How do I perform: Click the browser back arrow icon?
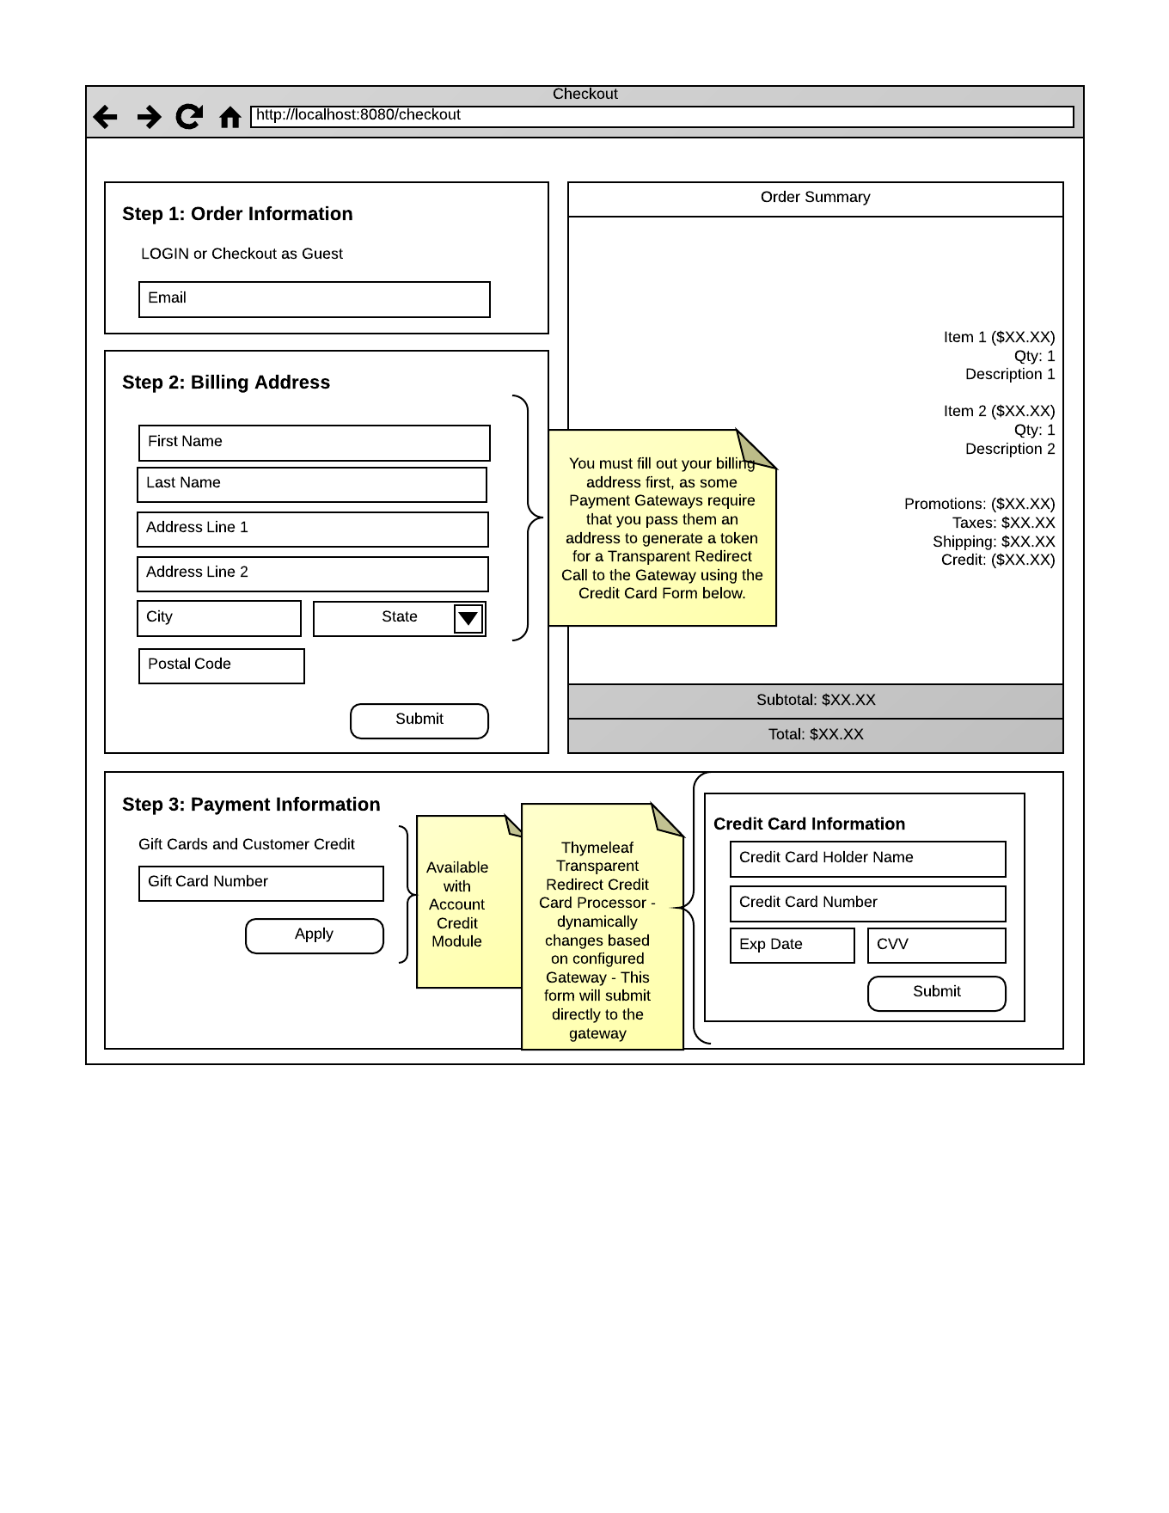(x=105, y=116)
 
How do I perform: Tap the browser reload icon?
(x=189, y=116)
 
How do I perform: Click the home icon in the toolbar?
(x=230, y=117)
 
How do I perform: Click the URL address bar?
(x=662, y=116)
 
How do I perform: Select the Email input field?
(x=315, y=299)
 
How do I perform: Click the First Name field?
(x=315, y=443)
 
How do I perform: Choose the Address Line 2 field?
(x=313, y=573)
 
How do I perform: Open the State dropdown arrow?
(x=468, y=618)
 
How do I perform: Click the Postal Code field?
(x=222, y=665)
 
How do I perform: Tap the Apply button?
(x=315, y=935)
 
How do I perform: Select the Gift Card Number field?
(x=261, y=883)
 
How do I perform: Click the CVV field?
(x=936, y=945)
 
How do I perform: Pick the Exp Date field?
(x=792, y=945)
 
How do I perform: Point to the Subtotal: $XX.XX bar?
(x=815, y=701)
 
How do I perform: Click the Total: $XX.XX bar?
(x=815, y=735)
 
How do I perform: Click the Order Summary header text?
(x=815, y=198)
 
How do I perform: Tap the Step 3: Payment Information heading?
(x=251, y=805)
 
